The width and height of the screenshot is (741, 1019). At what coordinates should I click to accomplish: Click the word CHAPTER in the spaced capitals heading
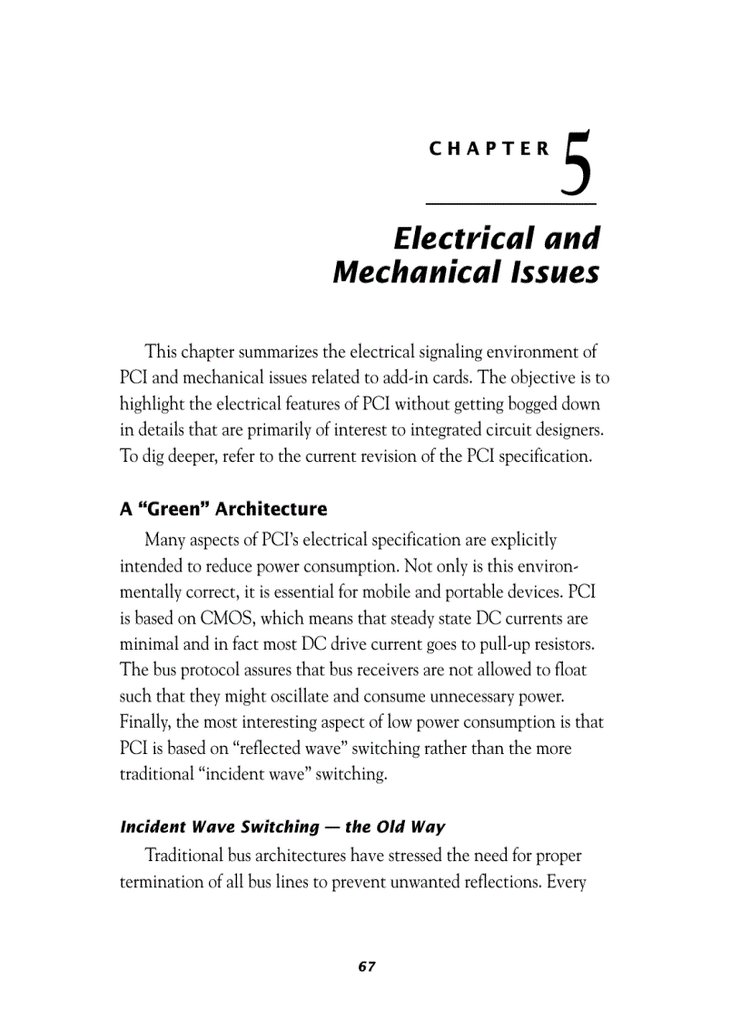pos(489,150)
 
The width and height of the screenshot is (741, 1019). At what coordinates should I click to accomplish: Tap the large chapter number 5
pos(578,165)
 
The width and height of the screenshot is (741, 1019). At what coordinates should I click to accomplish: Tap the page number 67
pos(367,966)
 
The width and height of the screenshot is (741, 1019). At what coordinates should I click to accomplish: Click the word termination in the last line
pos(163,881)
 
